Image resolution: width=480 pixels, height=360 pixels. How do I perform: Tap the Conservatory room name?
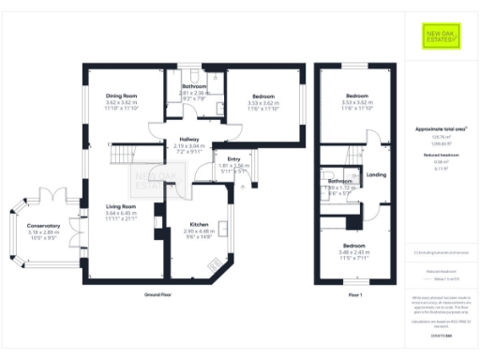pyautogui.click(x=43, y=226)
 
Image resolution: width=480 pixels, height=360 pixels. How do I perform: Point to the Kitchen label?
pyautogui.click(x=199, y=226)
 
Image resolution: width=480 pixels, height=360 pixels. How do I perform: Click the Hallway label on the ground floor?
pyautogui.click(x=188, y=140)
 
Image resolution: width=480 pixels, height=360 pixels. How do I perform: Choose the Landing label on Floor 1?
pyautogui.click(x=376, y=175)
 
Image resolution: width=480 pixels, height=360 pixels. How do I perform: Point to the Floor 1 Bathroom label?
pyautogui.click(x=339, y=180)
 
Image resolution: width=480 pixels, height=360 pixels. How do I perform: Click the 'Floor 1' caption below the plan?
pyautogui.click(x=355, y=293)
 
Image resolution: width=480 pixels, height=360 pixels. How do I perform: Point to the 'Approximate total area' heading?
pyautogui.click(x=440, y=128)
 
